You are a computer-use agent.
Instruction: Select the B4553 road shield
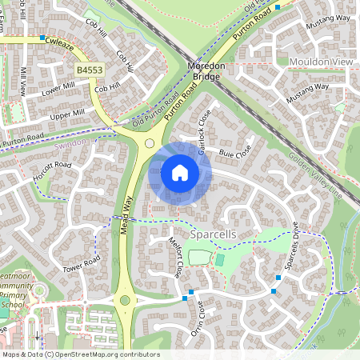[x=90, y=71]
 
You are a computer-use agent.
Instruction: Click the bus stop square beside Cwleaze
[x=42, y=38]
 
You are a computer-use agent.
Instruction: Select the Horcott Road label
[x=54, y=170]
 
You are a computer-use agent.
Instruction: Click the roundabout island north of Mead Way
[x=148, y=144]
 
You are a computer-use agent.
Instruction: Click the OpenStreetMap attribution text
[x=80, y=354]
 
